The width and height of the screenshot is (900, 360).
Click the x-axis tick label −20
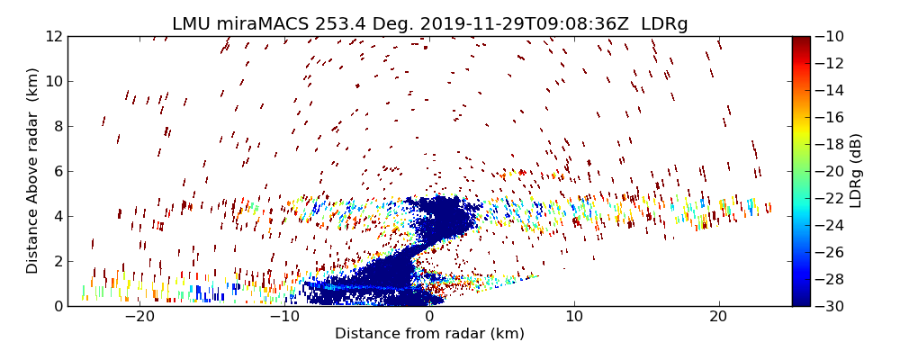[139, 318]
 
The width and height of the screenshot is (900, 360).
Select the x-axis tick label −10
[284, 318]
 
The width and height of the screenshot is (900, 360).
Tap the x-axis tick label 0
[429, 318]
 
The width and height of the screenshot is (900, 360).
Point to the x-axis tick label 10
[574, 318]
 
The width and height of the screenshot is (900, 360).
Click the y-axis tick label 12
[53, 37]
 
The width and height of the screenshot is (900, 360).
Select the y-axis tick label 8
[57, 127]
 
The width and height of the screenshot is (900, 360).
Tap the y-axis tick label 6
[57, 172]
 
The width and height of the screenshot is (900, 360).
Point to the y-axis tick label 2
[57, 262]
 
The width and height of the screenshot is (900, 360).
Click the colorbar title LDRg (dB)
[856, 171]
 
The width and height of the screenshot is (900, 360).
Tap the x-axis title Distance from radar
[429, 334]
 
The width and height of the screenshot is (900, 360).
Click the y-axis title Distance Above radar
[33, 171]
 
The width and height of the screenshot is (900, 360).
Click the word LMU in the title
[193, 24]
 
